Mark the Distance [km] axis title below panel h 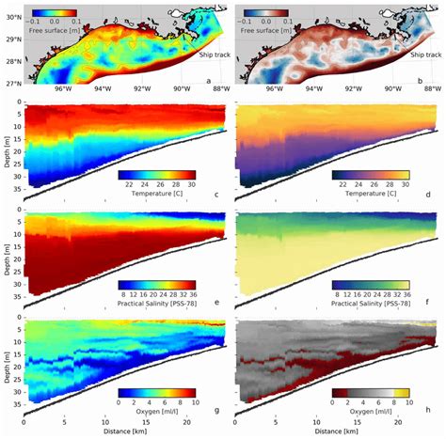click(336, 431)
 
